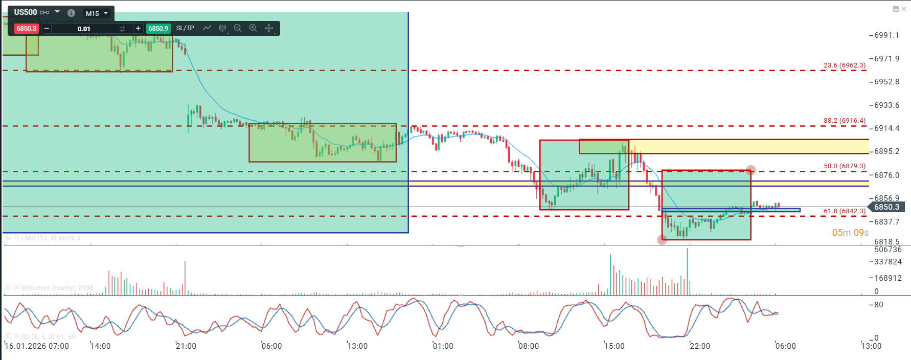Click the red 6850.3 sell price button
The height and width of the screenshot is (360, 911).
pos(26,29)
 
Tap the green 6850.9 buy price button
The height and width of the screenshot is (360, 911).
pos(158,29)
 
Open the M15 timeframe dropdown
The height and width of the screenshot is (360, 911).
pos(97,13)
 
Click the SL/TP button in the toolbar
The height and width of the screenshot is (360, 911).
pos(185,28)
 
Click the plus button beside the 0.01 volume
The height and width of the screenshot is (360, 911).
pos(138,29)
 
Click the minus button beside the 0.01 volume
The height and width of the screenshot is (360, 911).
pos(47,29)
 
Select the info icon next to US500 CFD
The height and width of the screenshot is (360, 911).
pos(71,13)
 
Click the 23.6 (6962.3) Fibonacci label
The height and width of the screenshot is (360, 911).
pos(845,65)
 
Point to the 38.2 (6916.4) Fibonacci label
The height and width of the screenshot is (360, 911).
pos(845,121)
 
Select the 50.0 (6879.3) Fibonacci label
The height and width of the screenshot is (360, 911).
pos(845,166)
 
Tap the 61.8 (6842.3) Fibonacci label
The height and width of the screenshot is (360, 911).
pos(845,211)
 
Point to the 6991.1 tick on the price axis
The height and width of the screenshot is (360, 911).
pos(886,35)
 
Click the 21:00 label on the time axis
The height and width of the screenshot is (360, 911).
pos(186,346)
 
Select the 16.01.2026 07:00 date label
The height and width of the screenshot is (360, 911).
pos(37,346)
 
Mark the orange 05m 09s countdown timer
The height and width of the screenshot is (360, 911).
pos(850,233)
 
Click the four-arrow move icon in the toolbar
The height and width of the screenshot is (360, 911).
pos(269,28)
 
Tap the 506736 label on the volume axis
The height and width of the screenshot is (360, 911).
pos(888,250)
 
